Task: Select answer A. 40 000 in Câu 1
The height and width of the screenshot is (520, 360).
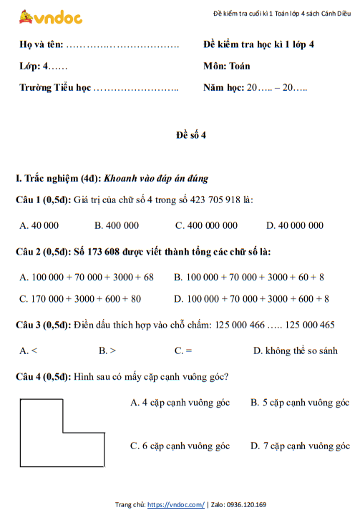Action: pos(39,225)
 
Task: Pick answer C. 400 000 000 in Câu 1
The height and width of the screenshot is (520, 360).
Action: pos(206,225)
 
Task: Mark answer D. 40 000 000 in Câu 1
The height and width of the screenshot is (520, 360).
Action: pos(295,225)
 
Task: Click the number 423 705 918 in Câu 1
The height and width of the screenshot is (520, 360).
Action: pos(213,200)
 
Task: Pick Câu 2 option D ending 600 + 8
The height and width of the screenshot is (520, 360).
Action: pos(252,298)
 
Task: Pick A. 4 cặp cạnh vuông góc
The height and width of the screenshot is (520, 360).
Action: pos(180,403)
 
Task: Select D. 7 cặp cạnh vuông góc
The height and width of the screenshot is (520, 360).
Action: pos(300,446)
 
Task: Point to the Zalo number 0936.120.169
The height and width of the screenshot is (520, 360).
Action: pos(246,505)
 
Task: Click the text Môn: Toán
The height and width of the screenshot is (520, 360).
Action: pos(227,66)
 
